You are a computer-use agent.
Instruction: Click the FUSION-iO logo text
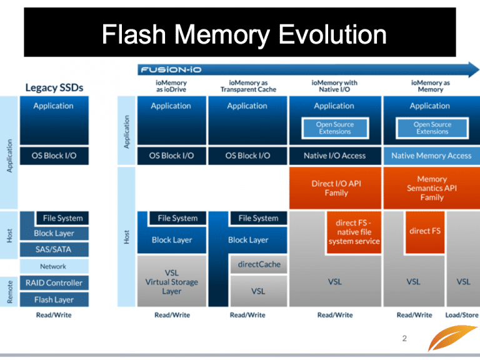pyautogui.click(x=171, y=70)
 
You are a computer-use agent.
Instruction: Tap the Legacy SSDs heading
pyautogui.click(x=54, y=88)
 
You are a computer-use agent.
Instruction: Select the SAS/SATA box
pyautogui.click(x=54, y=249)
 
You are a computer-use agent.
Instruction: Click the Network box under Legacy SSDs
pyautogui.click(x=54, y=266)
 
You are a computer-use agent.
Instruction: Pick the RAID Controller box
pyautogui.click(x=54, y=283)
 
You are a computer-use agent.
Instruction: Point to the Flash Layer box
pyautogui.click(x=54, y=299)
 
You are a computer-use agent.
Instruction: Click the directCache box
pyautogui.click(x=259, y=264)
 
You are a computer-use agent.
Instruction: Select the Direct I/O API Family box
pyautogui.click(x=335, y=188)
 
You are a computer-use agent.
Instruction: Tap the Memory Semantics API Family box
pyautogui.click(x=432, y=188)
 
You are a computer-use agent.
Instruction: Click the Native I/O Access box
pyautogui.click(x=335, y=156)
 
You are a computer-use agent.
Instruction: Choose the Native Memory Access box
pyautogui.click(x=432, y=156)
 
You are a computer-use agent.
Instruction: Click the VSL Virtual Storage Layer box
pyautogui.click(x=171, y=281)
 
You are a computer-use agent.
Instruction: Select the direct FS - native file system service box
pyautogui.click(x=354, y=232)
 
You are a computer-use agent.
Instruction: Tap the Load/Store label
pyautogui.click(x=462, y=315)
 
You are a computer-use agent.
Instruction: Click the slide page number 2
pyautogui.click(x=404, y=338)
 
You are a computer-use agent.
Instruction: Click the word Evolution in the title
pyautogui.click(x=332, y=34)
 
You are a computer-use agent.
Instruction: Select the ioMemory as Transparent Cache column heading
pyautogui.click(x=248, y=86)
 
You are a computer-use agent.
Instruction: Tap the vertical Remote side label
pyautogui.click(x=10, y=292)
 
